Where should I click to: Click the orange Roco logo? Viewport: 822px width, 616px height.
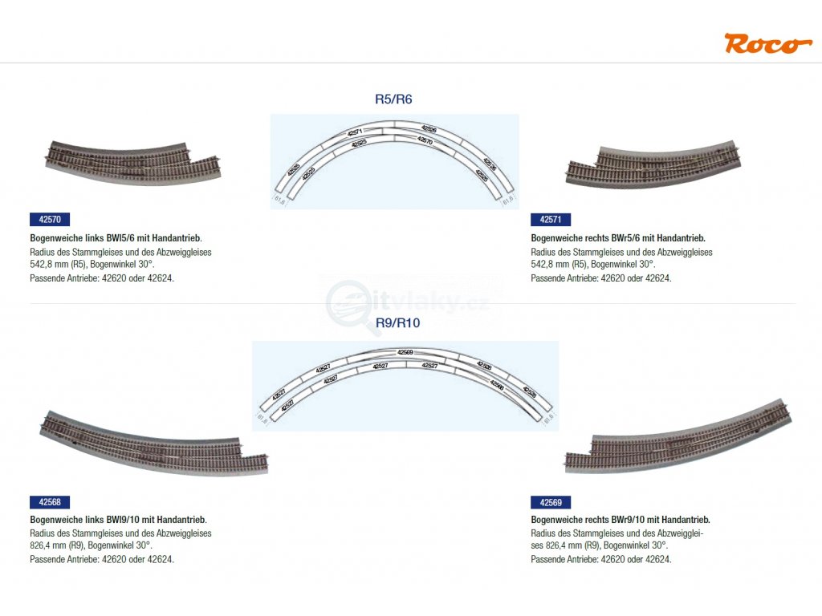click(x=762, y=43)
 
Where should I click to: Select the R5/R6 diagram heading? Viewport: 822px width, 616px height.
click(x=393, y=99)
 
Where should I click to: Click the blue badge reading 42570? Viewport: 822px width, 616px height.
click(x=50, y=219)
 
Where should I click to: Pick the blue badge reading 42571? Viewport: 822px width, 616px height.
click(x=551, y=219)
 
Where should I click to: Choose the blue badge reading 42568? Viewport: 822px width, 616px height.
click(x=50, y=503)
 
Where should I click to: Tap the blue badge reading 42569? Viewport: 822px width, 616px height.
click(x=551, y=503)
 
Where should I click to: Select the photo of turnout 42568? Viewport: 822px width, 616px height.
click(x=153, y=445)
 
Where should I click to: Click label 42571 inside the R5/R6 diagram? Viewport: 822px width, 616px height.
click(x=355, y=132)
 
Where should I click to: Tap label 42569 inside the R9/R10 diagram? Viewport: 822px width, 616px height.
click(x=405, y=352)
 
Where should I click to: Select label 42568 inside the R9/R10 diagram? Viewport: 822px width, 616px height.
click(x=497, y=384)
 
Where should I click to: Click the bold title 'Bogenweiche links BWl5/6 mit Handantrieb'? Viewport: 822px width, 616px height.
click(x=116, y=238)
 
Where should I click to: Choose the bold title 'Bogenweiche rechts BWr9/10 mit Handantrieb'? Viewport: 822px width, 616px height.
click(x=620, y=520)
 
